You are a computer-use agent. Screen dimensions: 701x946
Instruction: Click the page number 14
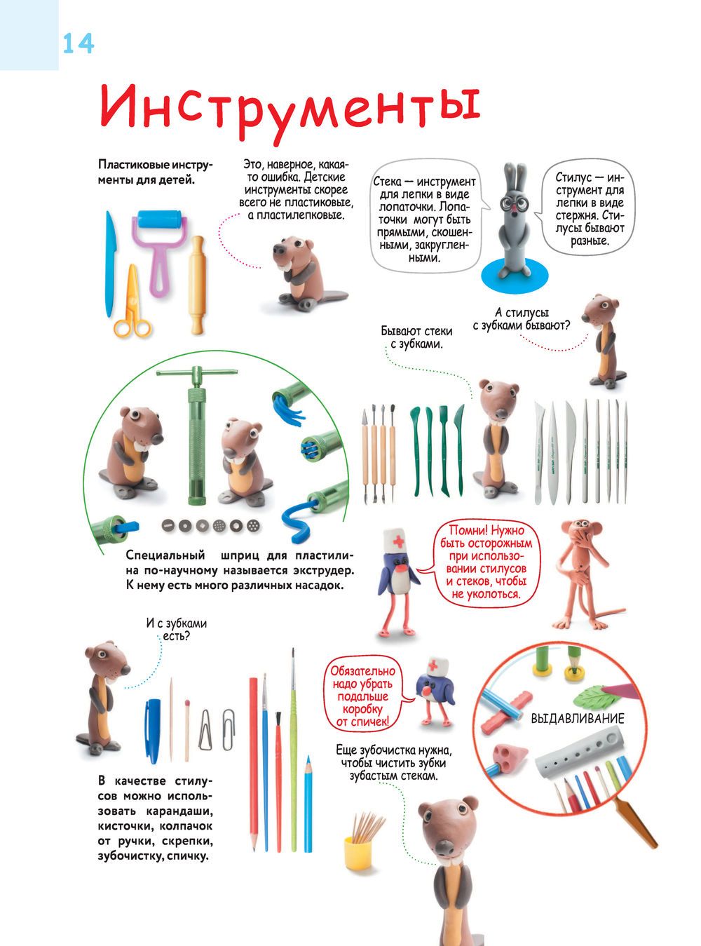click(x=79, y=44)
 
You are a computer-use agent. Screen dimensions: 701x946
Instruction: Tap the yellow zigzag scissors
click(x=132, y=301)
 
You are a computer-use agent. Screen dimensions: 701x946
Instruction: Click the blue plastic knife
click(x=111, y=264)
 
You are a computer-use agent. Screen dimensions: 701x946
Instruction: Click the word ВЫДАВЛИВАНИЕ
click(x=577, y=718)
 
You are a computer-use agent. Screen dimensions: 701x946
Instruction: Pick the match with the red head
click(x=186, y=730)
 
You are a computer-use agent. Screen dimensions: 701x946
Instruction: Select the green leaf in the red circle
click(x=592, y=698)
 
